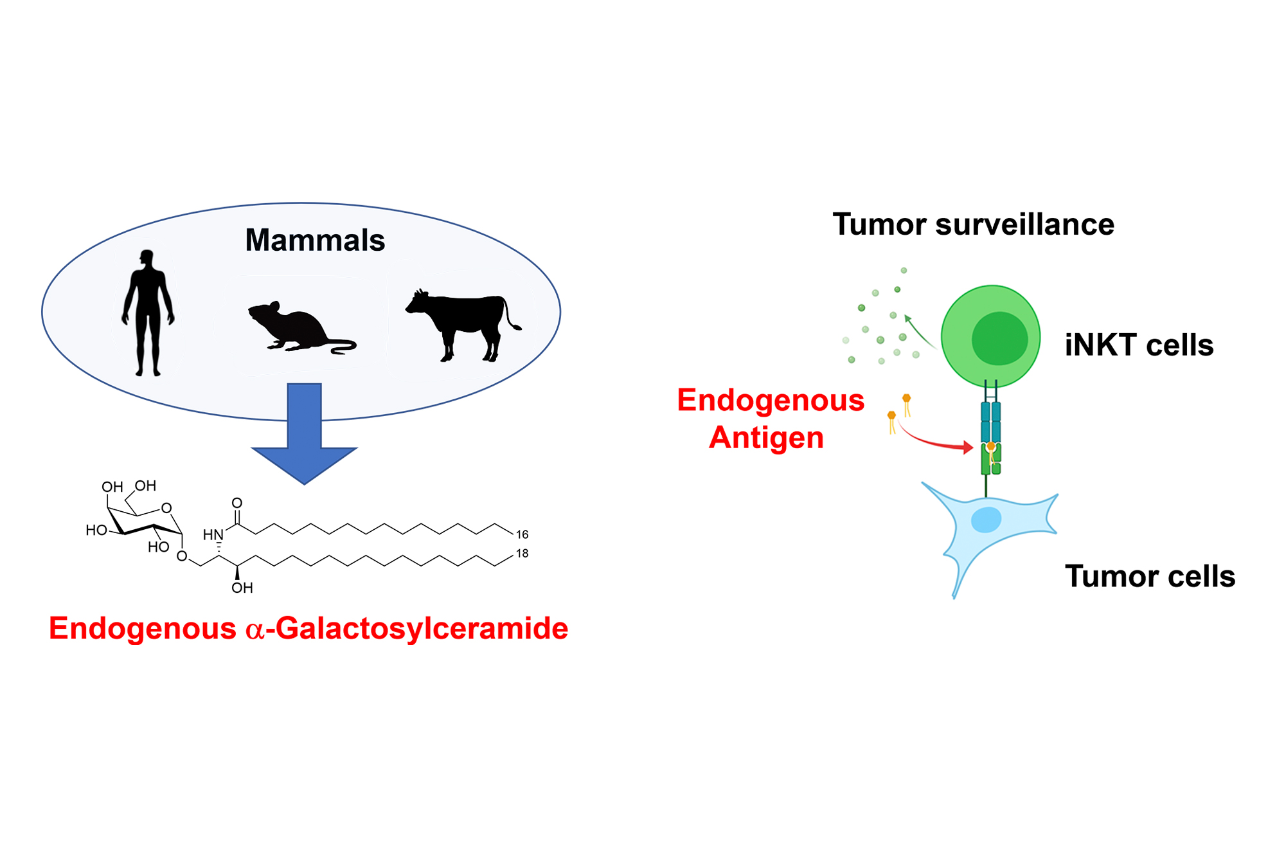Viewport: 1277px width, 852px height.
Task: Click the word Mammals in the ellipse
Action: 315,240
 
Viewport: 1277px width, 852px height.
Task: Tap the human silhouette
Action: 148,309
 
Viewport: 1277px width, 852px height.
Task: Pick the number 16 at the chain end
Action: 522,534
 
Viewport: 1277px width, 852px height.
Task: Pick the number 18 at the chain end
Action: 522,554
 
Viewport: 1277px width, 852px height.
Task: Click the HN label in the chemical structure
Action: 213,535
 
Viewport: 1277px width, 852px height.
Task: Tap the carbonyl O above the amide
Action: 237,503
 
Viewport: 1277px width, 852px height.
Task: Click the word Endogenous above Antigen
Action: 770,400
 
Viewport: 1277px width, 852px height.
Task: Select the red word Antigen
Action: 766,438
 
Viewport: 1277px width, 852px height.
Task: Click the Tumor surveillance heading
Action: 973,224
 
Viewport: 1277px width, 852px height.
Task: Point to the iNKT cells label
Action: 1139,345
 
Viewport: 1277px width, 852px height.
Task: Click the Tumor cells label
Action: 1150,576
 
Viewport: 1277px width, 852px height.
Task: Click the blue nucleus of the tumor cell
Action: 986,520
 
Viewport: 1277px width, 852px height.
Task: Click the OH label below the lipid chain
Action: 242,588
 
